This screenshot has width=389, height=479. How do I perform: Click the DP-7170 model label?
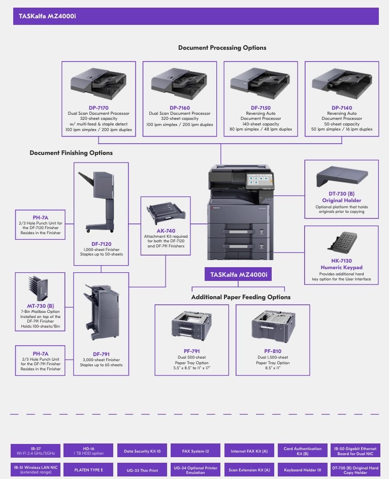(99, 108)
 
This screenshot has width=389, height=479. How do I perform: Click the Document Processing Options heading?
(222, 48)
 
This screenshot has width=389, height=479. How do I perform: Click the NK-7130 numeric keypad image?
(341, 246)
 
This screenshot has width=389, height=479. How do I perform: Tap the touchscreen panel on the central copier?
(258, 180)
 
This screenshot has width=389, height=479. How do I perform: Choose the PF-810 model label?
(273, 351)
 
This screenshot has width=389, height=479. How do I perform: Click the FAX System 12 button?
(195, 451)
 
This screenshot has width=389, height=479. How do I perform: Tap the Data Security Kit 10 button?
(142, 451)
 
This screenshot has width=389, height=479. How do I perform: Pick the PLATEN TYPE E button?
(88, 470)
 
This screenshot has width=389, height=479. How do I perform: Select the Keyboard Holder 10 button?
(302, 470)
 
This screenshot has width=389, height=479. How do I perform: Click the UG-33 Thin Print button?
(142, 470)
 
